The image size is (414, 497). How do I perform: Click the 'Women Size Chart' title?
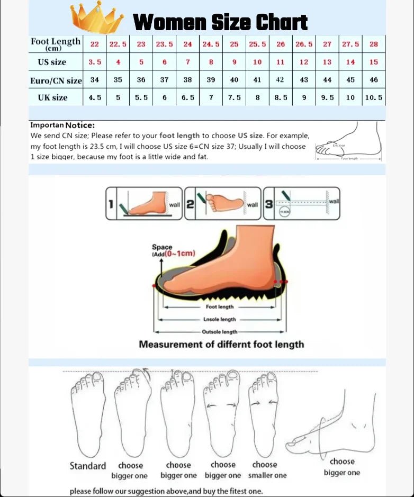[x=220, y=22]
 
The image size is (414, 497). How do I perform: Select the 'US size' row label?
[x=52, y=62]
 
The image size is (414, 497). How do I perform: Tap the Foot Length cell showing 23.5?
[x=164, y=44]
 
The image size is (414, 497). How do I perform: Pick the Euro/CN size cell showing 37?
[x=164, y=80]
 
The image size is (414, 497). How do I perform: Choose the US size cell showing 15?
[x=374, y=62]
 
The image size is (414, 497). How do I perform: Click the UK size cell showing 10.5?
[x=374, y=98]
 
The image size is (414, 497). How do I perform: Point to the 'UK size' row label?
[x=52, y=97]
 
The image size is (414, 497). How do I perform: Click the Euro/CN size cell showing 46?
[x=374, y=80]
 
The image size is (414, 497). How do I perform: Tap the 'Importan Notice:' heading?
[x=62, y=125]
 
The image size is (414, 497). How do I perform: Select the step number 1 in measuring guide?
[x=111, y=204]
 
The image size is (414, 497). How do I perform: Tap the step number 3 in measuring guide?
[x=269, y=204]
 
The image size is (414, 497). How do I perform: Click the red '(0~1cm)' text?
[x=179, y=254]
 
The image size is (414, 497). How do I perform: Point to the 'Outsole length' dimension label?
[x=219, y=332]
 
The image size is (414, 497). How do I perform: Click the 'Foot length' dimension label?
[x=219, y=307]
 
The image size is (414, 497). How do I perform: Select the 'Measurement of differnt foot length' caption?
[x=221, y=345]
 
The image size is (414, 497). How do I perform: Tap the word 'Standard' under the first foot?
[x=88, y=466]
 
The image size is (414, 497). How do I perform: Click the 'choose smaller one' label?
[x=267, y=470]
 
